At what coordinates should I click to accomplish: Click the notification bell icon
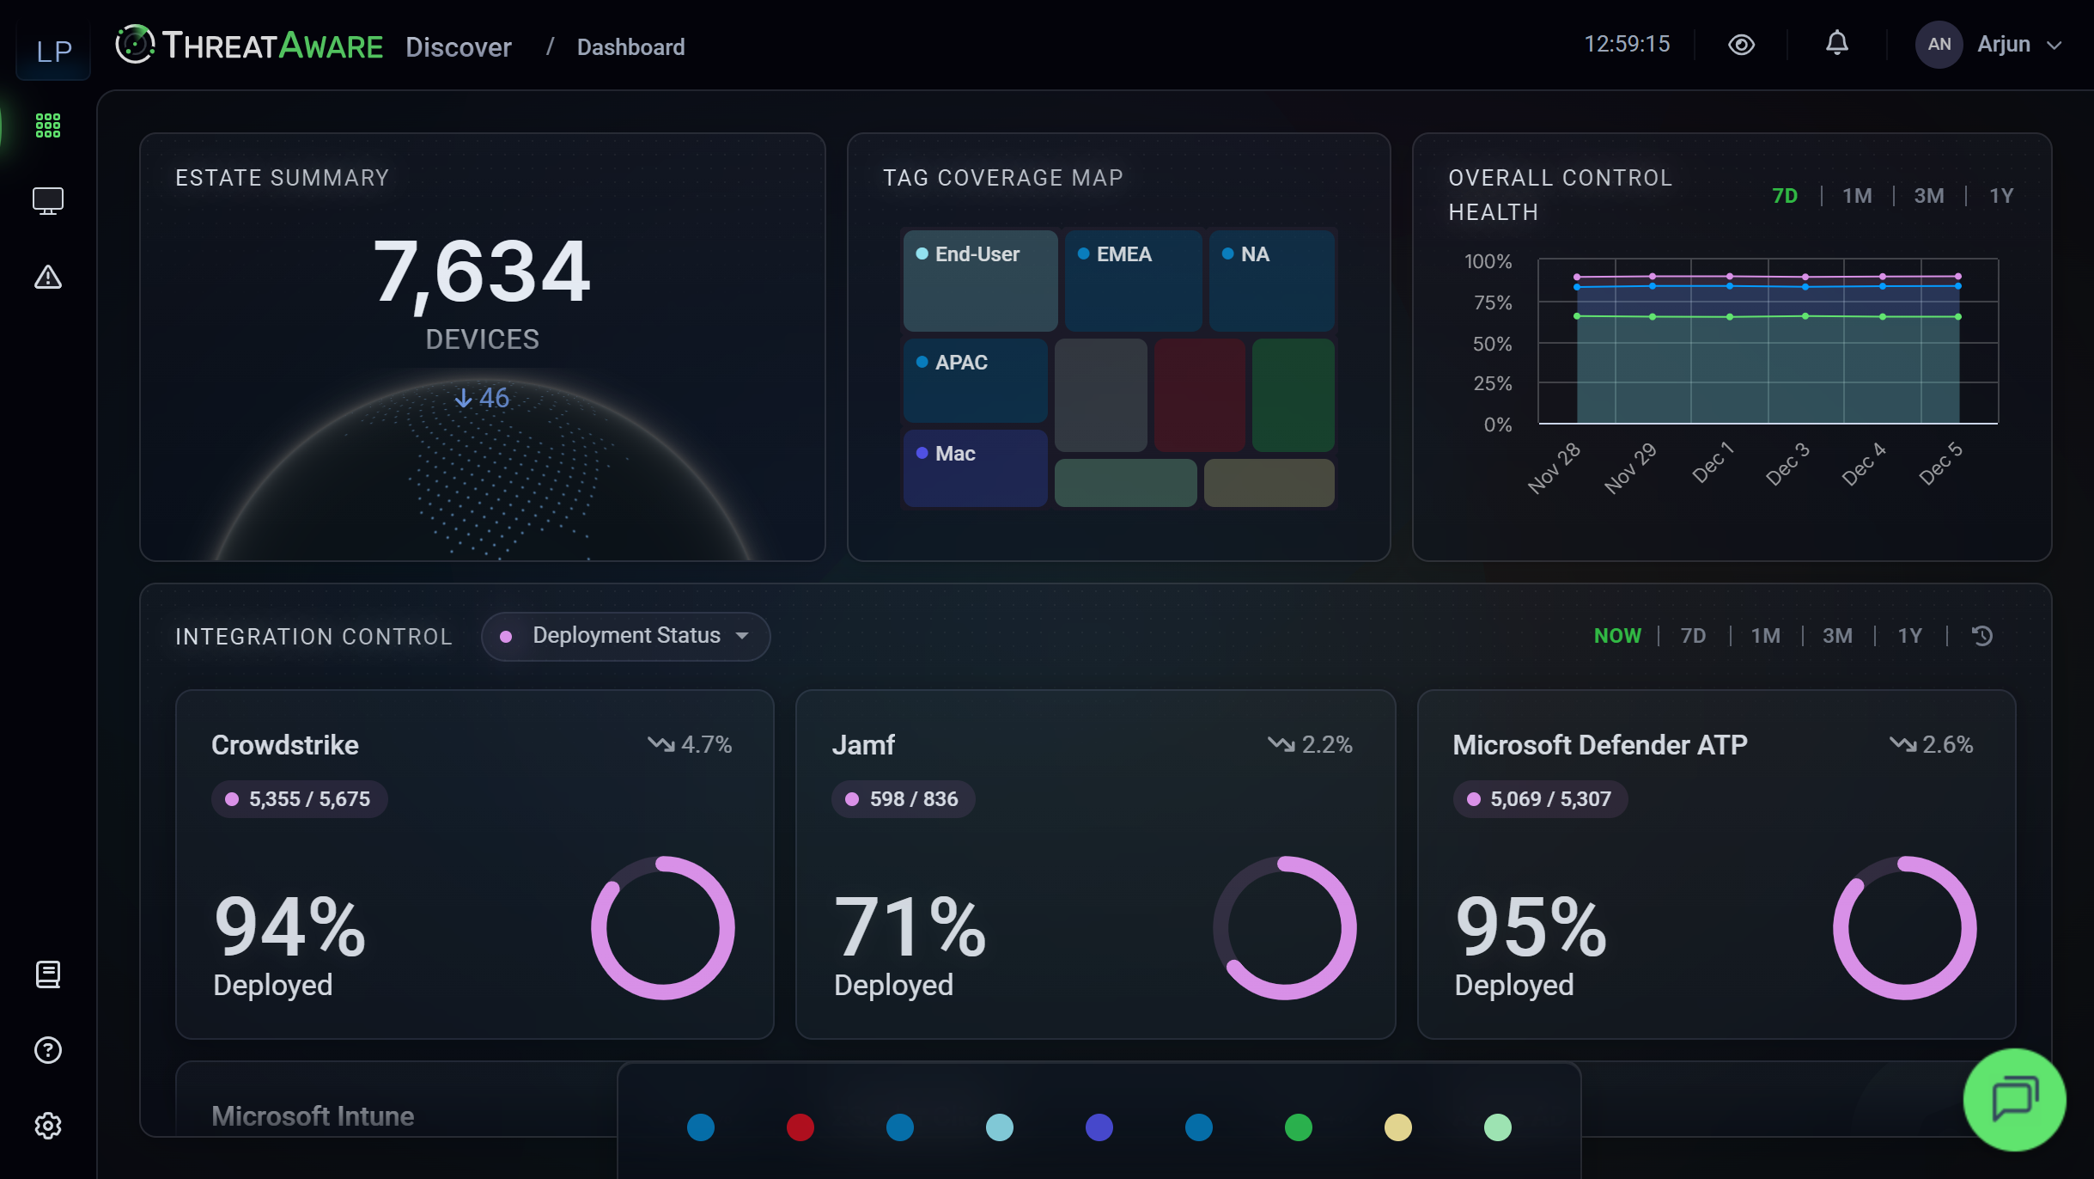[x=1836, y=43]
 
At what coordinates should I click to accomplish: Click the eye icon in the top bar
[x=1741, y=45]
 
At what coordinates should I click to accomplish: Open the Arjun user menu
[x=1989, y=45]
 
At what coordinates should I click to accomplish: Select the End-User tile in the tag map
[x=980, y=280]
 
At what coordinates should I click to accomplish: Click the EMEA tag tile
[x=1132, y=280]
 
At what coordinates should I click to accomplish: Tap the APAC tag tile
[x=975, y=379]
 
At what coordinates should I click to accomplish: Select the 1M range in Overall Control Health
[x=1857, y=196]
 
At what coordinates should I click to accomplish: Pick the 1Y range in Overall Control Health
[x=2001, y=196]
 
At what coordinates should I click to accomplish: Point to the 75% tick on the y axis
[x=1493, y=302]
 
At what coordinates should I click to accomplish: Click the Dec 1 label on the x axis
[x=1713, y=464]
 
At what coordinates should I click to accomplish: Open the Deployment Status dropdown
[x=625, y=636]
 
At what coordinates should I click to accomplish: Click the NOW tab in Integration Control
[x=1617, y=636]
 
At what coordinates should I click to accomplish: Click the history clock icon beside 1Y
[x=1982, y=636]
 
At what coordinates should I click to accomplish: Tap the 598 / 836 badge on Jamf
[x=903, y=799]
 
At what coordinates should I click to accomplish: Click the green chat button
[x=2014, y=1099]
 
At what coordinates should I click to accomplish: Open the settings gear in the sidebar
[x=48, y=1126]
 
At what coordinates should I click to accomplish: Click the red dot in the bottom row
[x=800, y=1127]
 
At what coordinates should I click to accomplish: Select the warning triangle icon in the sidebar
[x=48, y=278]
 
